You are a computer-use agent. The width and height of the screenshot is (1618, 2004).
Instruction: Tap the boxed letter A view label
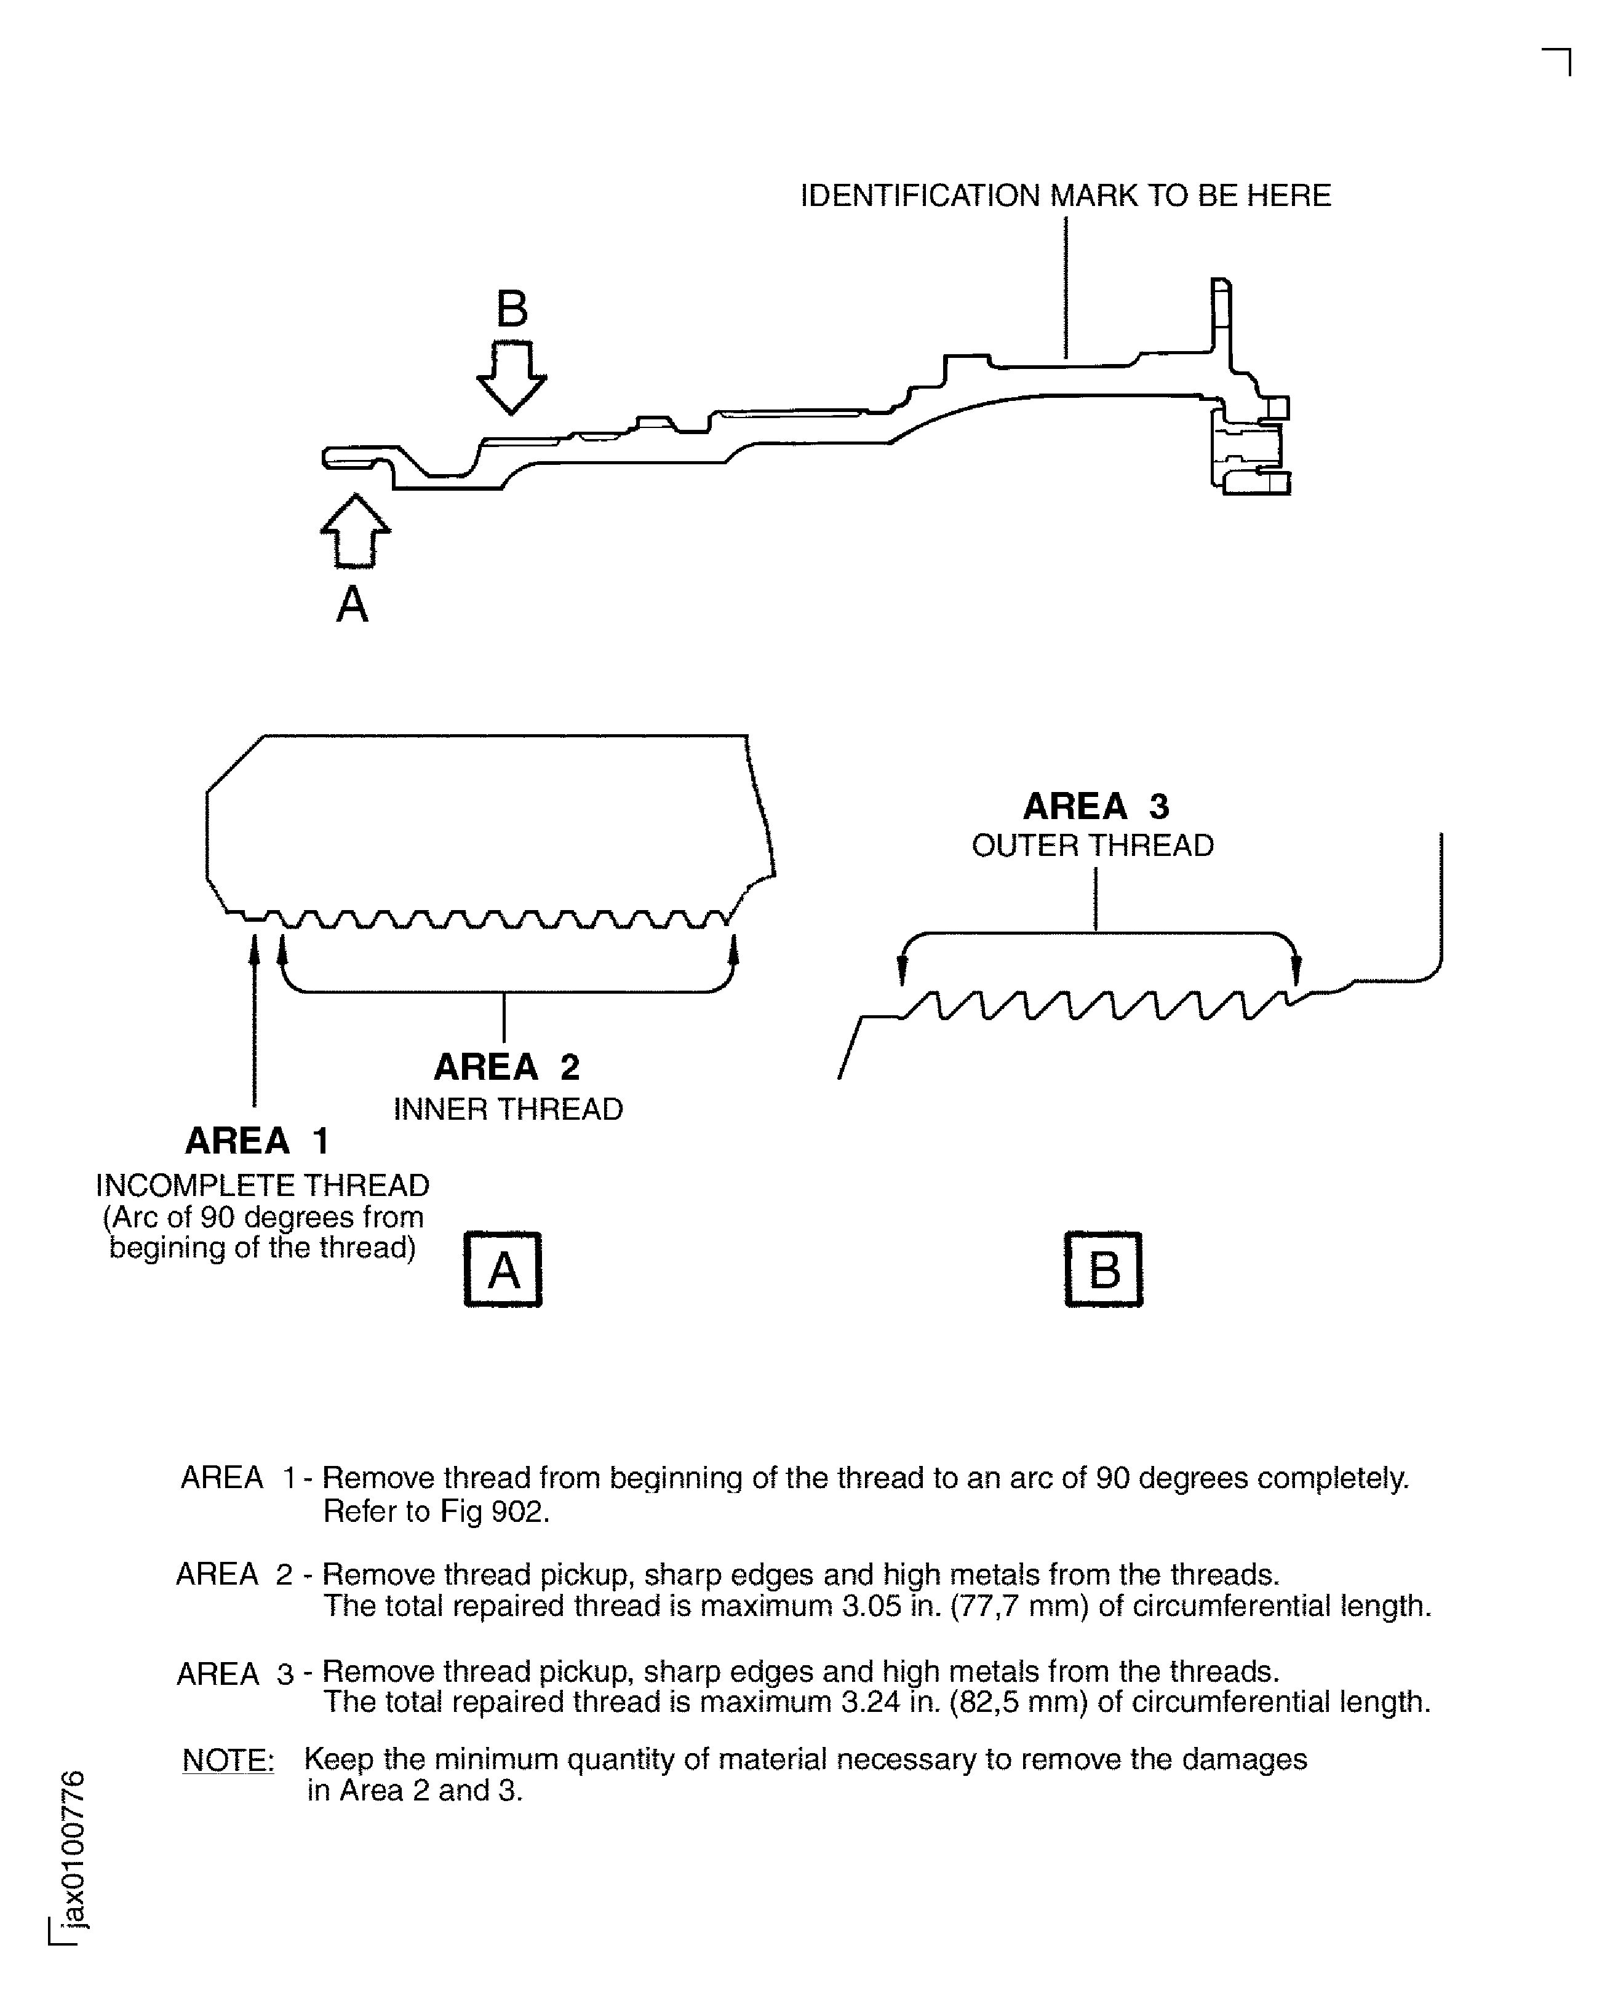pos(503,1270)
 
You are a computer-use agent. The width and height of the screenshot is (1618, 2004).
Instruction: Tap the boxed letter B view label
pos(1104,1270)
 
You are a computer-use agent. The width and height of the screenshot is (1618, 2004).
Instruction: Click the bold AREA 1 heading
pos(257,1140)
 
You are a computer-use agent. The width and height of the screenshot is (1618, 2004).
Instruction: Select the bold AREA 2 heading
pos(507,1067)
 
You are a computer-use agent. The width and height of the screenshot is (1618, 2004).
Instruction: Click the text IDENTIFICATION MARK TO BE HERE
pos(1066,196)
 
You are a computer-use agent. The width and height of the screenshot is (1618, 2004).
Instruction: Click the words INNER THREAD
pos(508,1109)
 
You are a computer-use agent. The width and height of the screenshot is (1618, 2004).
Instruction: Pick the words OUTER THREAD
pos(1093,846)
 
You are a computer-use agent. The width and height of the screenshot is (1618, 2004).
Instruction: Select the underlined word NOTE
pos(228,1760)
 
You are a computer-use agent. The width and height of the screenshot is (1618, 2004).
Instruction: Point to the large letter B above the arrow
pos(512,309)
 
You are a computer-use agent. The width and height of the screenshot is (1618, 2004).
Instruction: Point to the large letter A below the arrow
pos(353,604)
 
